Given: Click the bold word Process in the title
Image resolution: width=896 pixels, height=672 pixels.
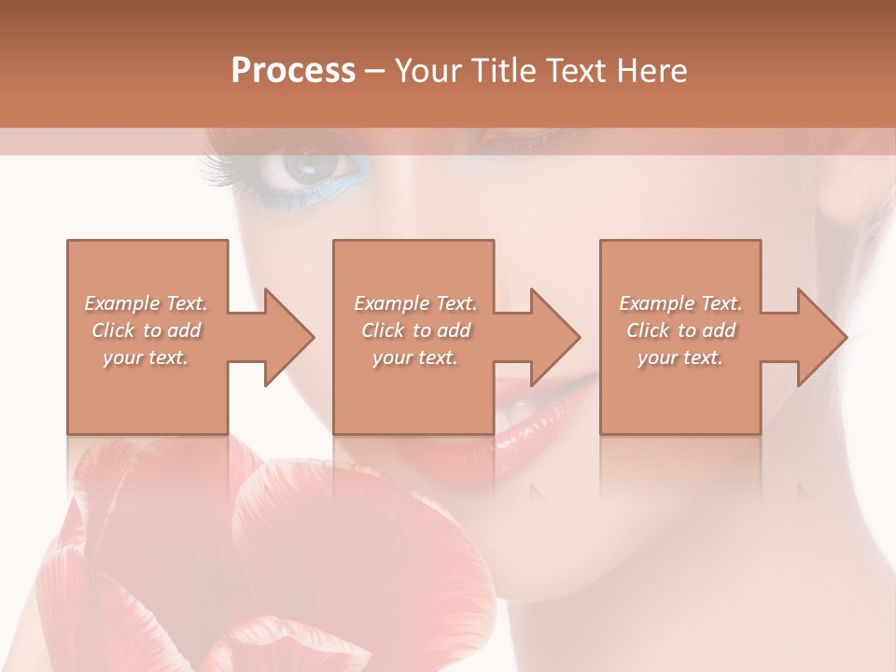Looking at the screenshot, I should [x=293, y=71].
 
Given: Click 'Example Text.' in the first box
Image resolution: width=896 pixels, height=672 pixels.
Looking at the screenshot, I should [x=146, y=303].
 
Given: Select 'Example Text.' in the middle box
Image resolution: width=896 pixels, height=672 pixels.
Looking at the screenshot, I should [x=415, y=303].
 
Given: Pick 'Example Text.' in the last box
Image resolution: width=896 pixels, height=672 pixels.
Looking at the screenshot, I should [x=680, y=303].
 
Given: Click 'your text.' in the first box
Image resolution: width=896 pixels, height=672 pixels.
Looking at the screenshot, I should [x=146, y=357].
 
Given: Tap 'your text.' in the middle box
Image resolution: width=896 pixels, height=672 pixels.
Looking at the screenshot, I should [x=415, y=357].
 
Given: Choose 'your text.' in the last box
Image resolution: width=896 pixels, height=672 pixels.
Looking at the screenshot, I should [x=680, y=357].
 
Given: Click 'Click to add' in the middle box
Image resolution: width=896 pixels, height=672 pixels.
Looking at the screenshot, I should [x=415, y=330].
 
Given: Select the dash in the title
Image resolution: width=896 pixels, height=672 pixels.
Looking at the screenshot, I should [x=374, y=71].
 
